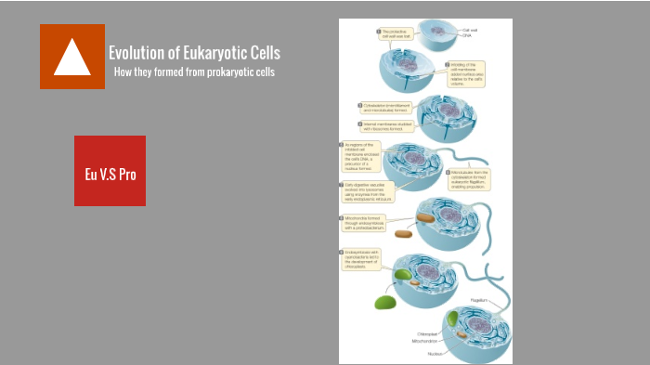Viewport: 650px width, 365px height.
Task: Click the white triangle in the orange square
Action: coord(71,58)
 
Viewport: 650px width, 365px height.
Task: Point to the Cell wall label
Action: coord(470,30)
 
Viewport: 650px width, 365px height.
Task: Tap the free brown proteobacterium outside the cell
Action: coord(404,233)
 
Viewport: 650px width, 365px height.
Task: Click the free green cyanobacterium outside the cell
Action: coord(383,303)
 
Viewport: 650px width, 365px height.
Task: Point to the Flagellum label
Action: coord(478,301)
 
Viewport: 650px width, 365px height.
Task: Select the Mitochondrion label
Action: coord(424,342)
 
